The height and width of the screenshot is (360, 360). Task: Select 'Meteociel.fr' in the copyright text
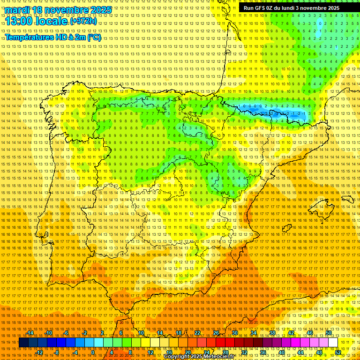[x=219, y=357]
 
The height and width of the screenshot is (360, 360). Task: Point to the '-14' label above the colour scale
[x=30, y=333]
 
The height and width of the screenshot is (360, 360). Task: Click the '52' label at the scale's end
[x=338, y=352]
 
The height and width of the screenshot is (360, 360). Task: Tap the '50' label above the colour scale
[x=329, y=333]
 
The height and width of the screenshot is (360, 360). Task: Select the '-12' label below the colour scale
[x=39, y=352]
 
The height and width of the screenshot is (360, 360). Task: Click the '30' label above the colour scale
[x=234, y=333]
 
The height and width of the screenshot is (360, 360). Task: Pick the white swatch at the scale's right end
[x=333, y=343]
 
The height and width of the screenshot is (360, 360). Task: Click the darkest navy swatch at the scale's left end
[x=23, y=343]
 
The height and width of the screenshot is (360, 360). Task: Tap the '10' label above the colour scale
[x=140, y=333]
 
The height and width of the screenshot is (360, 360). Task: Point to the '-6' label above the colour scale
[x=67, y=333]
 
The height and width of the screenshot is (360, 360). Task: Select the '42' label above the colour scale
[x=291, y=333]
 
